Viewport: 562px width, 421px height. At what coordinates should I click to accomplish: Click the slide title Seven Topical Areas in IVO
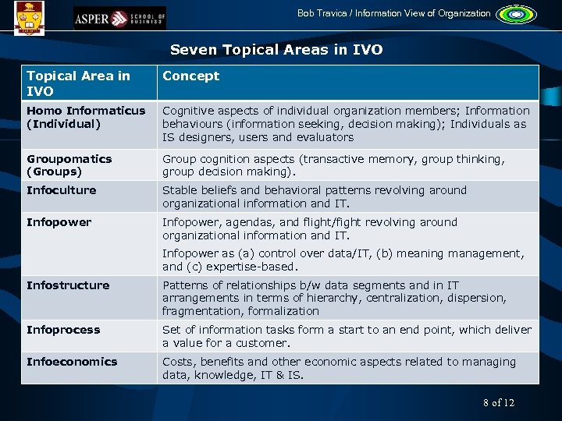[x=276, y=50]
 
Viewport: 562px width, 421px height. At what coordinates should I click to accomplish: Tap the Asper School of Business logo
[x=119, y=17]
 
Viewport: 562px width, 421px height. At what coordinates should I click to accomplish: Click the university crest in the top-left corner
[x=29, y=15]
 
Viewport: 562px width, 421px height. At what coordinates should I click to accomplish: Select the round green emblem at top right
[x=512, y=14]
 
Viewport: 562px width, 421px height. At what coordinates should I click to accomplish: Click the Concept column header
[x=190, y=76]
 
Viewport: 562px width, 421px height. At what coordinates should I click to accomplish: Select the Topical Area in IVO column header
[x=78, y=82]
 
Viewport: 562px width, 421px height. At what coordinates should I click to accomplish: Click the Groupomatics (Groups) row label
[x=69, y=165]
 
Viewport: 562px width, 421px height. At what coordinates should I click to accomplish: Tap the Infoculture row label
[x=61, y=190]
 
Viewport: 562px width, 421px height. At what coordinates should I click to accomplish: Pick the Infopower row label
[x=59, y=222]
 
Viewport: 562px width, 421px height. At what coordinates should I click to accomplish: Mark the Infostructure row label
[x=68, y=285]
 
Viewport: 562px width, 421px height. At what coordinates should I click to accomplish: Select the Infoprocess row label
[x=63, y=330]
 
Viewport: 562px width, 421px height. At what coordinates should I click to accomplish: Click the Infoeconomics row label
[x=72, y=362]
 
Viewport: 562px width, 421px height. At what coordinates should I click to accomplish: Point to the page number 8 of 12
[x=499, y=402]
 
